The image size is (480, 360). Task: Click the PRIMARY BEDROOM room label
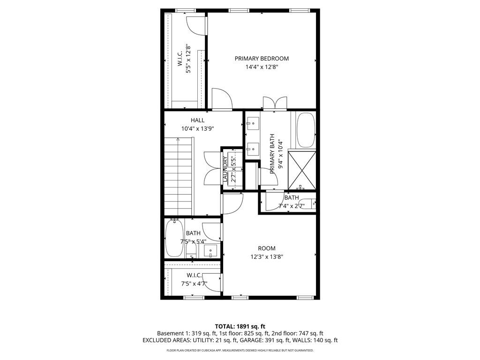tap(262, 59)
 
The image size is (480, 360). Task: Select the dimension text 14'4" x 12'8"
tap(262, 67)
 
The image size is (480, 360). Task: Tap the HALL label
tap(197, 120)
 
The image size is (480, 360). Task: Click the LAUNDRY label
tap(225, 169)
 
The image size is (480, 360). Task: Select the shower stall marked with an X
tap(302, 169)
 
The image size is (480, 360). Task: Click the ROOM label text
tap(267, 248)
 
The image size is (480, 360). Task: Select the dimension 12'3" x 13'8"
tap(267, 257)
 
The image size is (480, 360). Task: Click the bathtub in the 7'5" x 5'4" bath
tap(174, 239)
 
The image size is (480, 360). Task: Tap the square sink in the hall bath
tap(210, 251)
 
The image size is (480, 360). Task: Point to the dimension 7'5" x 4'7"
tap(194, 284)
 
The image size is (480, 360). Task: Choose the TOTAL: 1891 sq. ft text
tap(240, 326)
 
